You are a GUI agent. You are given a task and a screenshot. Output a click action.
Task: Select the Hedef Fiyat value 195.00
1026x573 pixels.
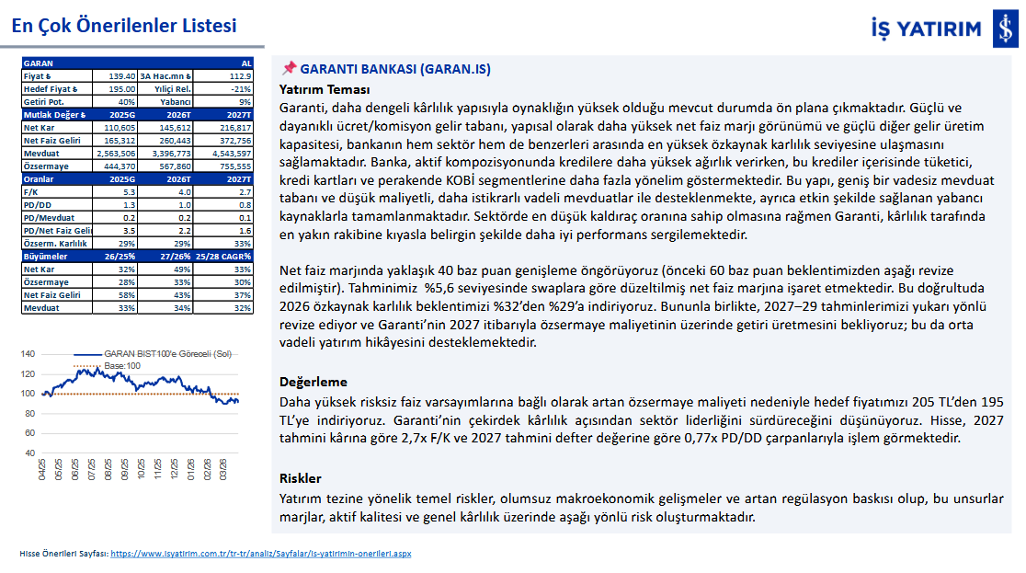[x=120, y=88]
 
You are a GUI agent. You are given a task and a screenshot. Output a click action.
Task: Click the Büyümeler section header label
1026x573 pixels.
[x=46, y=256]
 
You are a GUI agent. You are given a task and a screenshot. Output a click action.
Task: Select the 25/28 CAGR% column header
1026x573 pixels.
[x=224, y=256]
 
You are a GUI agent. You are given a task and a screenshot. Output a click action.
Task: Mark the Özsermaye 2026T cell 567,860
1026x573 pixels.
[x=173, y=166]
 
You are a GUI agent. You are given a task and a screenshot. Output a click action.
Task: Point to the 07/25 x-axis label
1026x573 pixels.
[x=92, y=470]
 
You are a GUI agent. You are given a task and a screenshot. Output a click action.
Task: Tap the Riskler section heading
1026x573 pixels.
[x=300, y=478]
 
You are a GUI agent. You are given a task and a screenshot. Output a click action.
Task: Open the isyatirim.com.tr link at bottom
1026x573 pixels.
[x=260, y=555]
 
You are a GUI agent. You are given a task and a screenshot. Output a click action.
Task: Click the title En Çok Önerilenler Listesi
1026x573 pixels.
[x=124, y=26]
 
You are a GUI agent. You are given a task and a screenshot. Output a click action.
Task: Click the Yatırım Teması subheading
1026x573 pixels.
[x=325, y=89]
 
